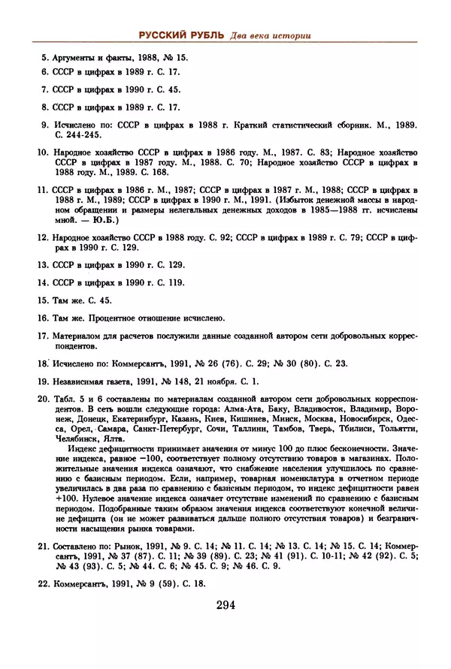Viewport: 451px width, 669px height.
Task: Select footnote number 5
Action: point(44,56)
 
